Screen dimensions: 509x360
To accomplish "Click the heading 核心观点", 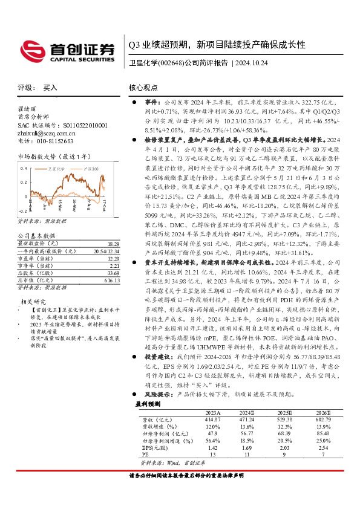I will tap(143, 88).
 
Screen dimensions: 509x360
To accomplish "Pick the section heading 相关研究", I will tap(34, 301).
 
